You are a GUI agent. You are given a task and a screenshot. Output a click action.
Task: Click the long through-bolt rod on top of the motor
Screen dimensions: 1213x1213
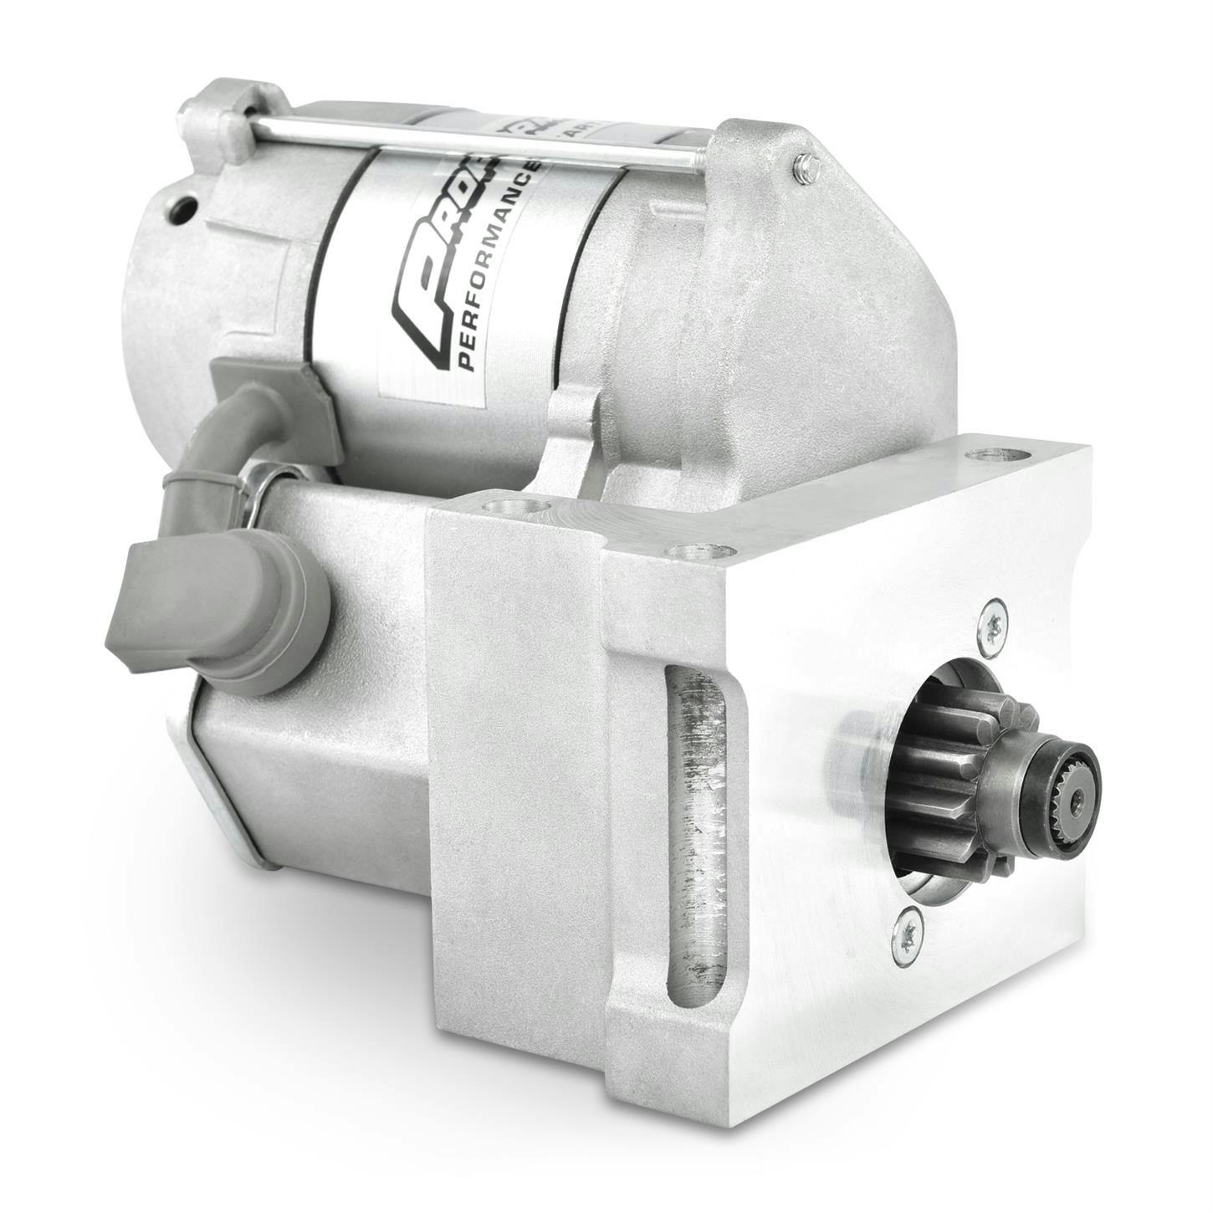[468, 138]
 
